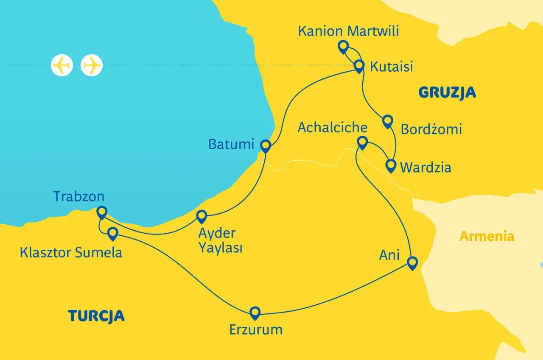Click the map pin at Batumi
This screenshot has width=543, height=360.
pyautogui.click(x=265, y=145)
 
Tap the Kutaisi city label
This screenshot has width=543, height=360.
pyautogui.click(x=391, y=67)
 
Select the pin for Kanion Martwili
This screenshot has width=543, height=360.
pyautogui.click(x=343, y=46)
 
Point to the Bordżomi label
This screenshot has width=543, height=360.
pyautogui.click(x=431, y=129)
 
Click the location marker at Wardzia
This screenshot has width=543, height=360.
pyautogui.click(x=391, y=165)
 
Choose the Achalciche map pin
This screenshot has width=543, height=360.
pyautogui.click(x=362, y=142)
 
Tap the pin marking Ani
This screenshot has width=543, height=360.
pyautogui.click(x=411, y=262)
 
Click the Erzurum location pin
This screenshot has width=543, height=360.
pyautogui.click(x=255, y=313)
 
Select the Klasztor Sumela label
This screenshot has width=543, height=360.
pyautogui.click(x=71, y=253)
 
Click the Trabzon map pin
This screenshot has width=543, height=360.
pyautogui.click(x=101, y=211)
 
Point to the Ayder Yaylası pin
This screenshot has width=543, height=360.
pyautogui.click(x=201, y=216)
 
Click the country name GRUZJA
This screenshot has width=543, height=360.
pyautogui.click(x=447, y=92)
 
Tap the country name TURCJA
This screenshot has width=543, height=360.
pyautogui.click(x=96, y=316)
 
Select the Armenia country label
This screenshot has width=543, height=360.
pyautogui.click(x=487, y=236)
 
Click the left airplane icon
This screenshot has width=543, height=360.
pyautogui.click(x=62, y=65)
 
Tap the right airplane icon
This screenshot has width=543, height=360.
pyautogui.click(x=92, y=65)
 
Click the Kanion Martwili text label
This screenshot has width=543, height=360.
pyautogui.click(x=349, y=31)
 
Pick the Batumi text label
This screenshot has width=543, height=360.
pyautogui.click(x=231, y=144)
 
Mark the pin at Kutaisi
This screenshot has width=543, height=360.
pyautogui.click(x=359, y=66)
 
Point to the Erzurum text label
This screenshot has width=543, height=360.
pyautogui.click(x=256, y=329)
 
